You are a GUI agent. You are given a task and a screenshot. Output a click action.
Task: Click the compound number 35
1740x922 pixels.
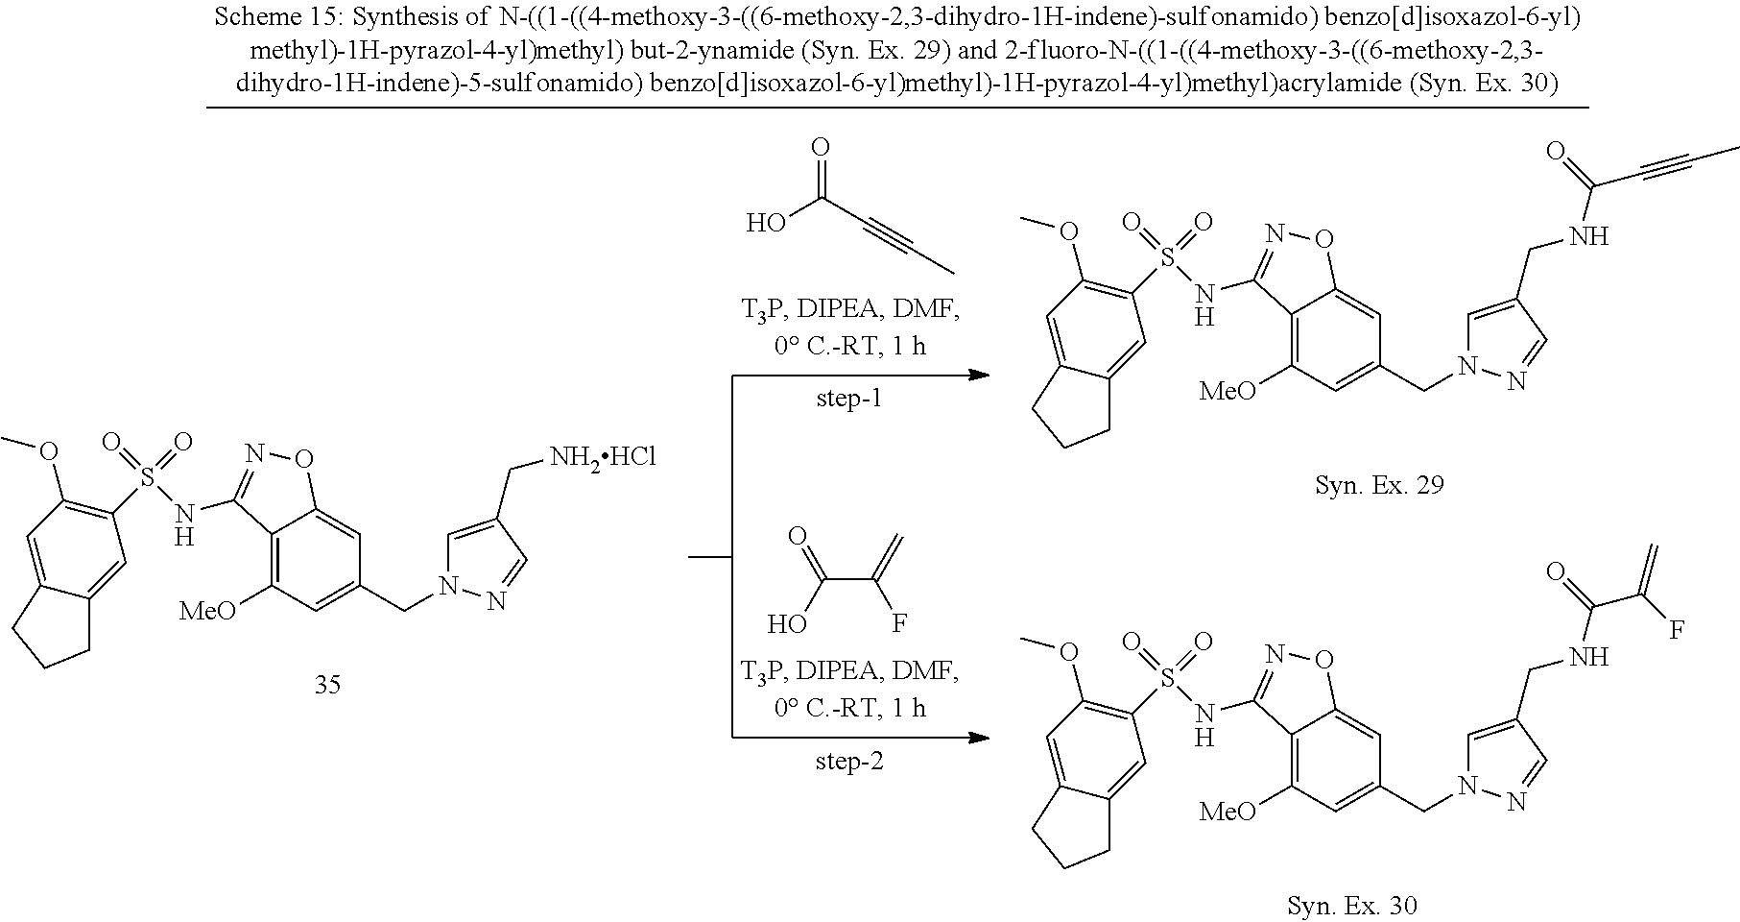click(327, 686)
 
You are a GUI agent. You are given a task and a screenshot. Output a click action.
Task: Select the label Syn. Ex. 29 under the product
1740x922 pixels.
click(1379, 485)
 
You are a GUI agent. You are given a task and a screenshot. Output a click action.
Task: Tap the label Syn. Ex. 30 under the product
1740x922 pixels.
click(1351, 905)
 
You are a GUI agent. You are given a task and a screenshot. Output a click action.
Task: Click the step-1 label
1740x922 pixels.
click(848, 399)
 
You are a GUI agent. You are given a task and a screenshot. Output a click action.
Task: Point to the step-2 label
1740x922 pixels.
click(848, 762)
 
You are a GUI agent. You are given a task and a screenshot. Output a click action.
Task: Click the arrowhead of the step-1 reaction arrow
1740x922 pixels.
click(979, 375)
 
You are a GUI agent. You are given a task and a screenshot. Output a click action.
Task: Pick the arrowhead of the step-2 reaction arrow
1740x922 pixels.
click(979, 738)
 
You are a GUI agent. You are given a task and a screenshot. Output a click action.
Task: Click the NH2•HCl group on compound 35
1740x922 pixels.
click(602, 457)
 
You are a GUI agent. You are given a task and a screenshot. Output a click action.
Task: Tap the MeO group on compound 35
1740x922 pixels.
click(207, 611)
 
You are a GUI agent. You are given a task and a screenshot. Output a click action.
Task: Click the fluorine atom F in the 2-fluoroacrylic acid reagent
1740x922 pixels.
click(898, 624)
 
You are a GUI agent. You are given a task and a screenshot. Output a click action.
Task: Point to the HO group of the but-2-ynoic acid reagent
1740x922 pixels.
click(767, 225)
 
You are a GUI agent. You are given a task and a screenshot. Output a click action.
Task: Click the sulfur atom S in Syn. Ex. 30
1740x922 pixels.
click(1167, 679)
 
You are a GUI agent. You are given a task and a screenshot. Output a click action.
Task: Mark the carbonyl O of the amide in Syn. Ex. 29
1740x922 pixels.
click(1557, 155)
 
